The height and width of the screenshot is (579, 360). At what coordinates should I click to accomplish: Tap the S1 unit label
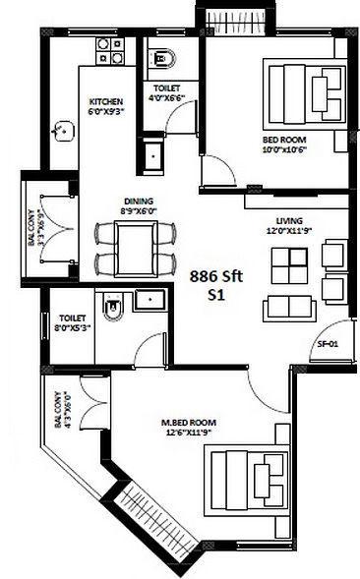tap(216, 294)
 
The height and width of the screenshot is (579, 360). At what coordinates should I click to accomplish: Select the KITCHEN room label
tap(105, 101)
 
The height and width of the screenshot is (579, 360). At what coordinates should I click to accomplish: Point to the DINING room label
tap(138, 201)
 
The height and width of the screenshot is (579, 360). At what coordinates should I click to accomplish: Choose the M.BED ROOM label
tap(189, 425)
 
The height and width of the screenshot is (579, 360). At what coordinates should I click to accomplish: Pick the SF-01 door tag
tap(329, 344)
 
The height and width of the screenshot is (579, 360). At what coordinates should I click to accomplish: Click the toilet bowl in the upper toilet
tap(157, 58)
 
